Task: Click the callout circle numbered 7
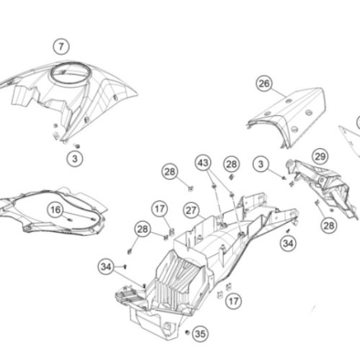point(61,46)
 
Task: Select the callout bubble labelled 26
point(264,84)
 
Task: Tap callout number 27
point(192,210)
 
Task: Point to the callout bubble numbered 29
point(320,157)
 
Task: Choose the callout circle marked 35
point(200,333)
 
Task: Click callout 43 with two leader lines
point(203,163)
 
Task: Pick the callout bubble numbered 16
point(55,210)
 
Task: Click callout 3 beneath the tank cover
point(75,158)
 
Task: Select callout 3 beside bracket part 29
point(261,164)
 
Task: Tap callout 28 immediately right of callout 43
point(232,164)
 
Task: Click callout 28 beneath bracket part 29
point(329,225)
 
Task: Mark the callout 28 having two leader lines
point(143,229)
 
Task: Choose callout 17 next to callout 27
point(160,209)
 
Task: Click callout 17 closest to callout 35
point(233,301)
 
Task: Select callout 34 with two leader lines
point(106,266)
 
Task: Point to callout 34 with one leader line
point(288,243)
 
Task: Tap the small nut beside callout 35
point(187,332)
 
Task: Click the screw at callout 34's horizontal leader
point(125,266)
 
